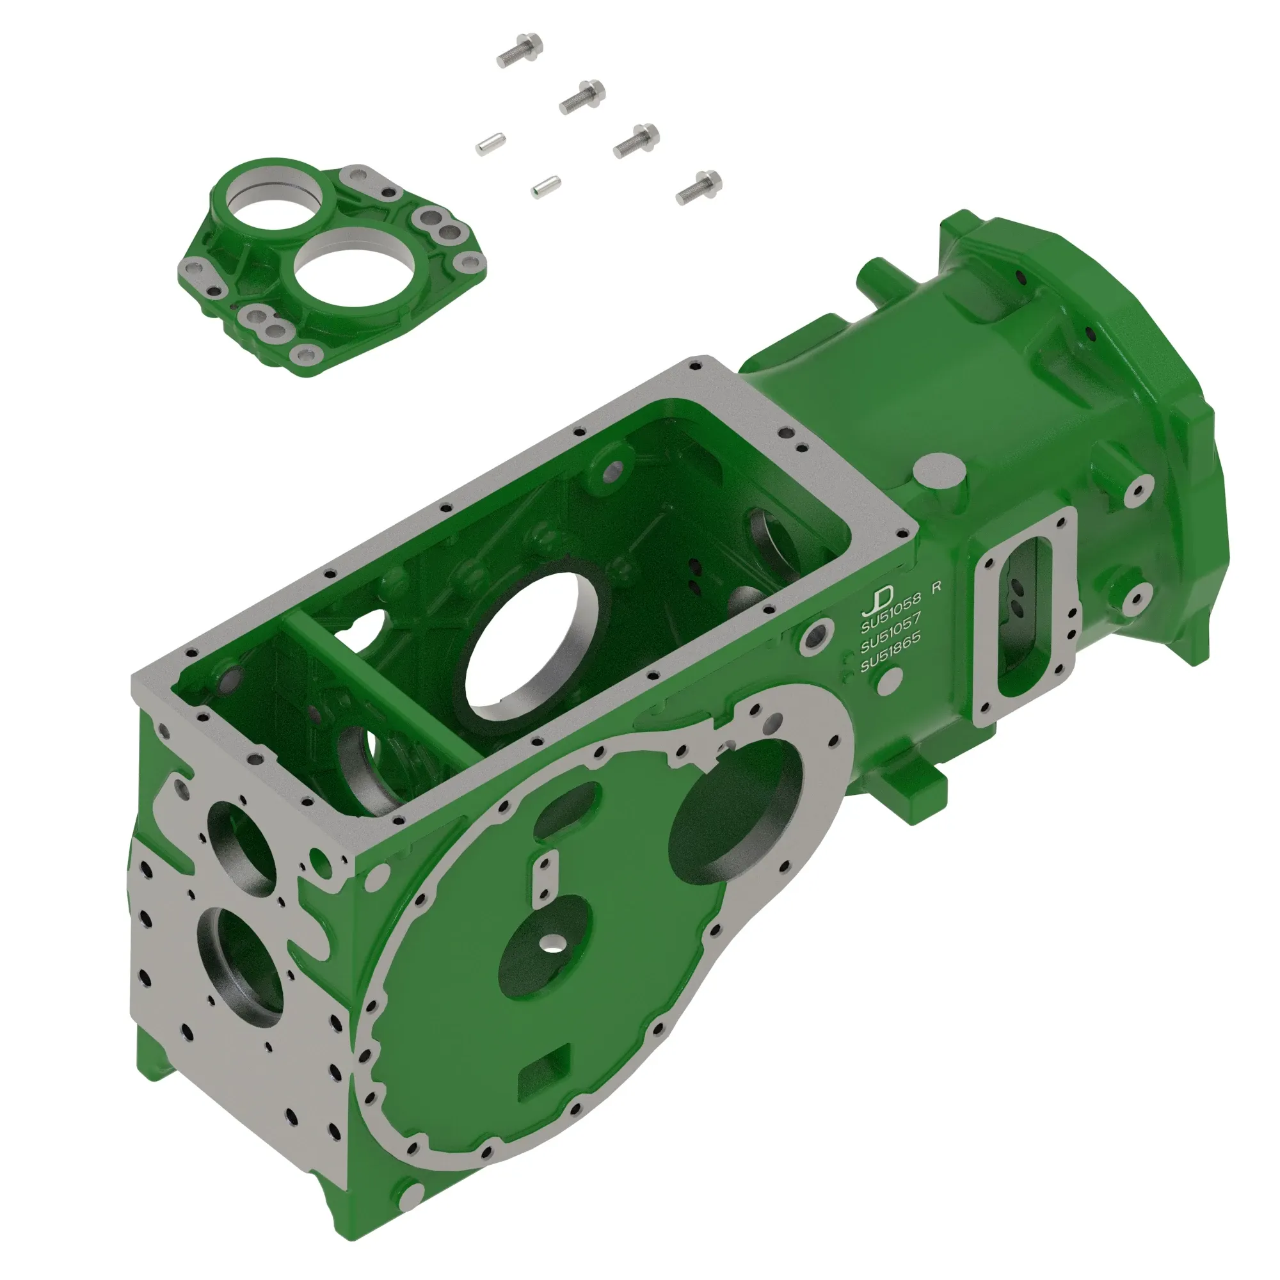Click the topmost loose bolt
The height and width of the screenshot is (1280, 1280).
520,51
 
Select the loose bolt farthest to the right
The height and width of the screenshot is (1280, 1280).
700,187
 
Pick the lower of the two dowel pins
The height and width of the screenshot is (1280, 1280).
546,186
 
